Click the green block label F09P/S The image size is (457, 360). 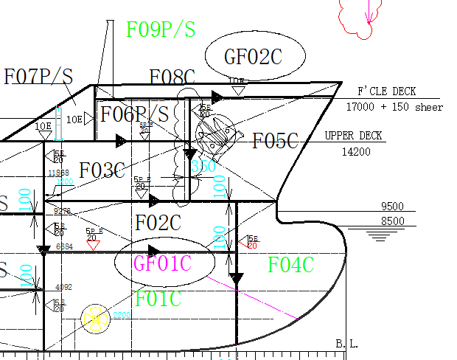(x=161, y=30)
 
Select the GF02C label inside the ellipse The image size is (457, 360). (x=253, y=56)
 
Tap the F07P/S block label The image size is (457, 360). (x=38, y=77)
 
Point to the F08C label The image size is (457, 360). (x=172, y=77)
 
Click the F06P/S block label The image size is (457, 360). (x=135, y=114)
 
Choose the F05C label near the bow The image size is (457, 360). (x=275, y=142)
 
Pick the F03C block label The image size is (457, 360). (x=102, y=170)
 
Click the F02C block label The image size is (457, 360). (x=158, y=222)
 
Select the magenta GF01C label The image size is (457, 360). (x=163, y=263)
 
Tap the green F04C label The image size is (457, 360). (x=290, y=265)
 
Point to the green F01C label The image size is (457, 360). (x=158, y=299)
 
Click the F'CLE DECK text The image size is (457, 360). (x=386, y=91)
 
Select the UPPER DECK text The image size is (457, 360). (x=353, y=136)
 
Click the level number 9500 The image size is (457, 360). (x=393, y=207)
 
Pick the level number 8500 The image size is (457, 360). (x=393, y=221)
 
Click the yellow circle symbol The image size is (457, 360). (x=95, y=317)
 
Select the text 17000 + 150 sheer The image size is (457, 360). (x=394, y=107)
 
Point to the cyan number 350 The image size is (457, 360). (x=203, y=167)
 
